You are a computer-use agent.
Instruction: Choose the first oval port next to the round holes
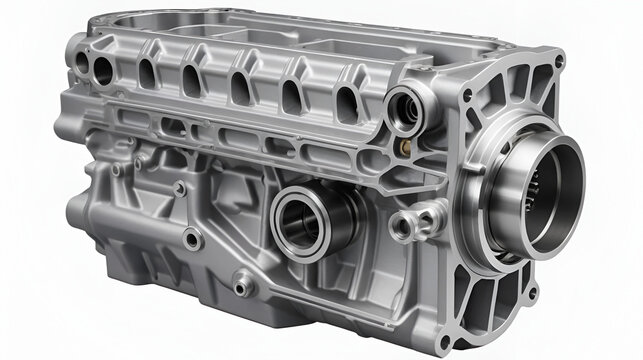click(146, 72)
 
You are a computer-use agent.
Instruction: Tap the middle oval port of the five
click(240, 89)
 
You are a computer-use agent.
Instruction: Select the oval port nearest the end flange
click(345, 103)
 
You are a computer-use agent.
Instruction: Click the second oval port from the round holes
click(190, 80)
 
